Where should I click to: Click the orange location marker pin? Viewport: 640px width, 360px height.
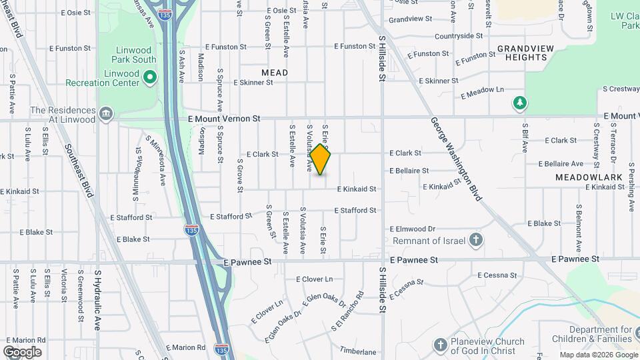321,160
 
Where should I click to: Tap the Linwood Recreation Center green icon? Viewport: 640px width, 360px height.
150,77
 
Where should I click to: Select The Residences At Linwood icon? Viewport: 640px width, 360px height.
105,114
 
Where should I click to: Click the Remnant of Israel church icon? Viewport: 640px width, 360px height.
475,239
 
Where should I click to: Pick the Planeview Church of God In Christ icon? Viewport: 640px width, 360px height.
439,345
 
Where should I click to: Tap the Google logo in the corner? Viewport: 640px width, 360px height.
22,351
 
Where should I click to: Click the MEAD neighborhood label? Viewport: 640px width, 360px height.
275,73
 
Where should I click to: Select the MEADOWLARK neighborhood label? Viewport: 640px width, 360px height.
589,177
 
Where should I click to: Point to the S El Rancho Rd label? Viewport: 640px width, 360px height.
349,310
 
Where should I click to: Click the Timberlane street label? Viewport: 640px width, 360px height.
358,351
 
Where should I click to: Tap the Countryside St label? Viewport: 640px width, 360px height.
459,35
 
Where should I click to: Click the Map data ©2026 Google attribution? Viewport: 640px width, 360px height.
598,355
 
